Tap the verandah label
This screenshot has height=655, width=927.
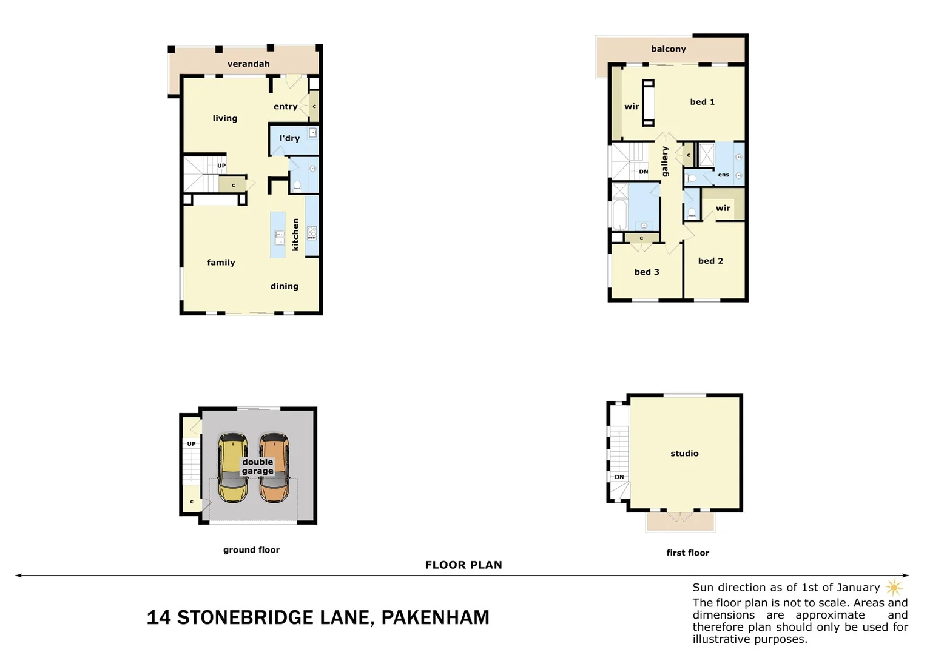pyautogui.click(x=248, y=64)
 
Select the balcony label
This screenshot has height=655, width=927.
pyautogui.click(x=668, y=49)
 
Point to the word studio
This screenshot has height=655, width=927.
pyautogui.click(x=684, y=453)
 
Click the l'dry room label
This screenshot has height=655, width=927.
pyautogui.click(x=289, y=138)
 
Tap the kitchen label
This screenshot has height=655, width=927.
pyautogui.click(x=295, y=235)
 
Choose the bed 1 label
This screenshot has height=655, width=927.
pyautogui.click(x=702, y=102)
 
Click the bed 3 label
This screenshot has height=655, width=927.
pyautogui.click(x=646, y=272)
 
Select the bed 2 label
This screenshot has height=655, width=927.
pyautogui.click(x=710, y=261)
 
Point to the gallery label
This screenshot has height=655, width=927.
pyautogui.click(x=665, y=161)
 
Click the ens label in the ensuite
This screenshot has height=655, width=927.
pyautogui.click(x=723, y=175)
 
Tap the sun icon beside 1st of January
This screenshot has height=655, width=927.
pyautogui.click(x=894, y=587)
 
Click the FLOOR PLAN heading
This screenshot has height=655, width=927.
pyautogui.click(x=463, y=565)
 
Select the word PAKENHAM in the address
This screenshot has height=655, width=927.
pyautogui.click(x=435, y=617)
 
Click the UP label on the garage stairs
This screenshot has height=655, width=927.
pyautogui.click(x=191, y=444)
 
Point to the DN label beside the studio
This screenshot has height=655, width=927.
pyautogui.click(x=619, y=477)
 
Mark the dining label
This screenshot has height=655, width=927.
pyautogui.click(x=284, y=286)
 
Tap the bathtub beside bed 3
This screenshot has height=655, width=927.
pyautogui.click(x=619, y=215)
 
